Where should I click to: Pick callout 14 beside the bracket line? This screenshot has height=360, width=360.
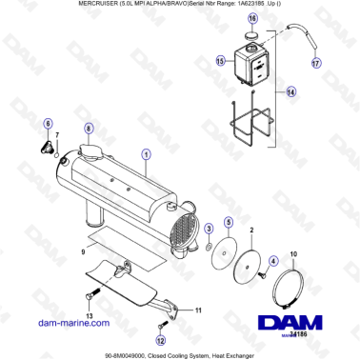point(292,93)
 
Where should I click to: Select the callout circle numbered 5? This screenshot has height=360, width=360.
point(228,222)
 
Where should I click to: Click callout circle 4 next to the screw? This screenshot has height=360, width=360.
point(272,261)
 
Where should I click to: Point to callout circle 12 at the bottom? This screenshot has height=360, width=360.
point(161,339)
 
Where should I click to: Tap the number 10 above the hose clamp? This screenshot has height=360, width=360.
point(292,253)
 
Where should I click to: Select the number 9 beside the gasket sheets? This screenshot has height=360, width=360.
point(84,251)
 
